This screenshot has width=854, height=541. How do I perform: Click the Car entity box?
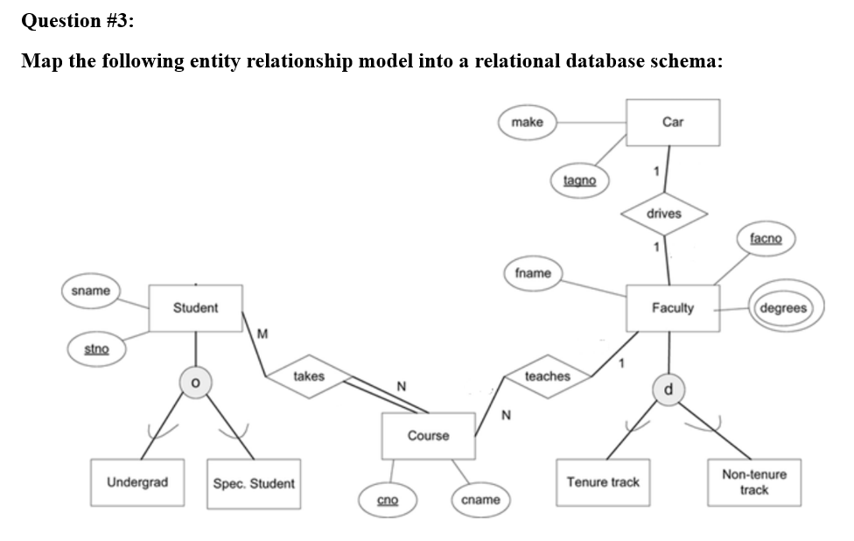(x=673, y=123)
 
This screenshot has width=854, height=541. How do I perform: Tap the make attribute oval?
(x=527, y=123)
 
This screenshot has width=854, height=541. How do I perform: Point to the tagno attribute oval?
(x=579, y=180)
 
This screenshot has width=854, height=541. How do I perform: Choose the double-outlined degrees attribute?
(x=784, y=308)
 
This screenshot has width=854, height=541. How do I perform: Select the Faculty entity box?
(x=673, y=308)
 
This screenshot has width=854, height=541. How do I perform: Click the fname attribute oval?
(x=533, y=273)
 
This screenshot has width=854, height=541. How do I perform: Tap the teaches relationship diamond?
(x=547, y=376)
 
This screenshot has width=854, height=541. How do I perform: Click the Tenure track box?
(x=603, y=482)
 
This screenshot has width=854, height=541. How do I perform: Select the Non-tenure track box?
(x=753, y=482)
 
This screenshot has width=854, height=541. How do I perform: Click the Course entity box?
(x=429, y=436)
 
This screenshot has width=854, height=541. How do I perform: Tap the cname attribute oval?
(x=480, y=500)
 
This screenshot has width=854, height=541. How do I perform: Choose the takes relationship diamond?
(x=308, y=376)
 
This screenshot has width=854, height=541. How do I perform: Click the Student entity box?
(x=195, y=308)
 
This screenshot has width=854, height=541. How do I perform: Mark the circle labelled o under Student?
(x=197, y=383)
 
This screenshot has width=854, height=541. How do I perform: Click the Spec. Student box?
(x=254, y=483)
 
